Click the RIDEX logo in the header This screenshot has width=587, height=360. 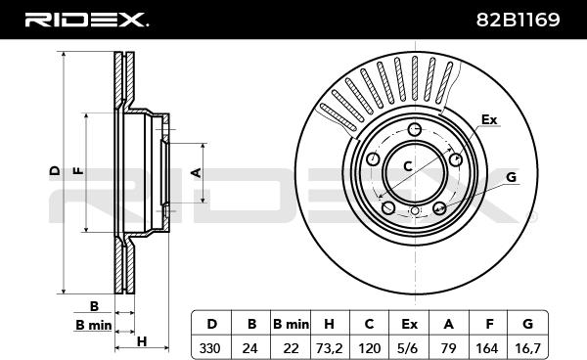point(86,20)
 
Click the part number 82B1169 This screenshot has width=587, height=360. point(519,20)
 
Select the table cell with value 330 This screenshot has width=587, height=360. point(209,348)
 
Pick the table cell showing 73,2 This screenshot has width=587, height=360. point(329,348)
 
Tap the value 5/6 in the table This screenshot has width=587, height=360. point(408,348)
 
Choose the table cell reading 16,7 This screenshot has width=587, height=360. point(528,348)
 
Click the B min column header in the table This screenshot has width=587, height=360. point(291,324)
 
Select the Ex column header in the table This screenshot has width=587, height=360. point(409,324)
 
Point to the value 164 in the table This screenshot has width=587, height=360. point(487,348)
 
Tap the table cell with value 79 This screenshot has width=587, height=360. point(448,348)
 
